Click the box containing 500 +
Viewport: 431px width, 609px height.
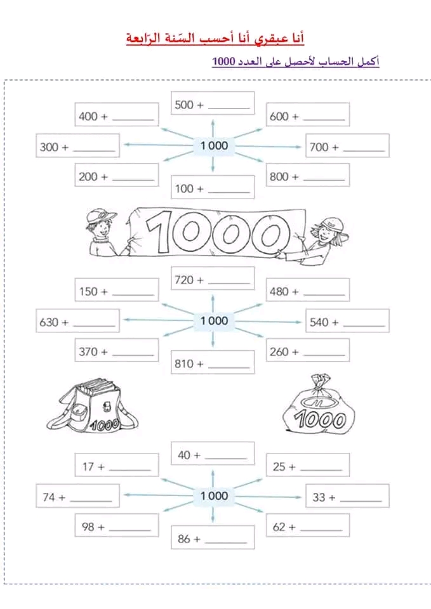coord(213,103)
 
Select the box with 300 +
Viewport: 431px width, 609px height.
coord(78,146)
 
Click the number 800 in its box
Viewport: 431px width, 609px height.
coord(279,177)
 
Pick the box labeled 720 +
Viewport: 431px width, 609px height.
coord(213,278)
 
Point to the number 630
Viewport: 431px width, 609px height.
coord(48,322)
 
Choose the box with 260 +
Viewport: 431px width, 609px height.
coord(307,351)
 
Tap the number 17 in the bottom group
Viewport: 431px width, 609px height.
coord(88,466)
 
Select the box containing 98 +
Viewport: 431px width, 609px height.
coord(116,527)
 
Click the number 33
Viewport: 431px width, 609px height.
coord(319,497)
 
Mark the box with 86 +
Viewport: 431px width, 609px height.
coord(213,538)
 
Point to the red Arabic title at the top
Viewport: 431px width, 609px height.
coord(215,39)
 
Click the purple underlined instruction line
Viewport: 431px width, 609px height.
coord(295,62)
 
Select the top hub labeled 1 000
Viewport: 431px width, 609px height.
coord(213,145)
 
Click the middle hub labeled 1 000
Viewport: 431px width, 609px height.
coord(213,320)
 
